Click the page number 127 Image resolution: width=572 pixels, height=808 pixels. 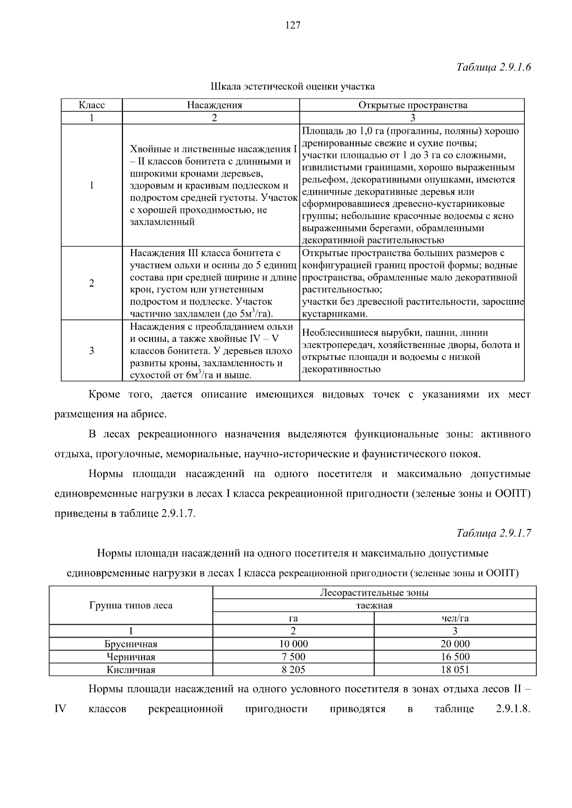coord(293,26)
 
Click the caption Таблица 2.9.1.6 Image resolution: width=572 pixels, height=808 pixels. coord(493,67)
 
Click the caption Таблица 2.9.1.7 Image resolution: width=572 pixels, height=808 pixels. coord(493,533)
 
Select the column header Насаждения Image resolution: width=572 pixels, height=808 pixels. coord(214,105)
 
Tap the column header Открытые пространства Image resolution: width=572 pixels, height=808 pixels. coord(413,105)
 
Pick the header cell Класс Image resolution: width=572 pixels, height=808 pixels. coord(92,105)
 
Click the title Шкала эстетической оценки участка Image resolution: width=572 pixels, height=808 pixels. coord(293,86)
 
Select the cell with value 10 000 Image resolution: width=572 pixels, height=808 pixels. coord(293,644)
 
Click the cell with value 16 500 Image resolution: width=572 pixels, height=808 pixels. coord(455,657)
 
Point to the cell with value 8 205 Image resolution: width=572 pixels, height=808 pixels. coord(293,669)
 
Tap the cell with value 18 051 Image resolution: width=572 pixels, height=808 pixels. coord(455,669)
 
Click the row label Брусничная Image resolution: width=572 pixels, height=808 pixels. coord(131,644)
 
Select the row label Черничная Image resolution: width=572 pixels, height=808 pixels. coord(131,657)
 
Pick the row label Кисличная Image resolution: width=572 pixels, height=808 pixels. coord(131,670)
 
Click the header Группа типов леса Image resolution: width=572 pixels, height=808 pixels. coord(131,605)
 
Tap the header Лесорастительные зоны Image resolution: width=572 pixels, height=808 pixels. coord(374,593)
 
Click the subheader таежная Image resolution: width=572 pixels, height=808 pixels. coord(374,606)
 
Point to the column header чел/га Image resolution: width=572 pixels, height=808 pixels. coord(455,618)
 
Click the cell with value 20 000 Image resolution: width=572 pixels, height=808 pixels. coord(455,644)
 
